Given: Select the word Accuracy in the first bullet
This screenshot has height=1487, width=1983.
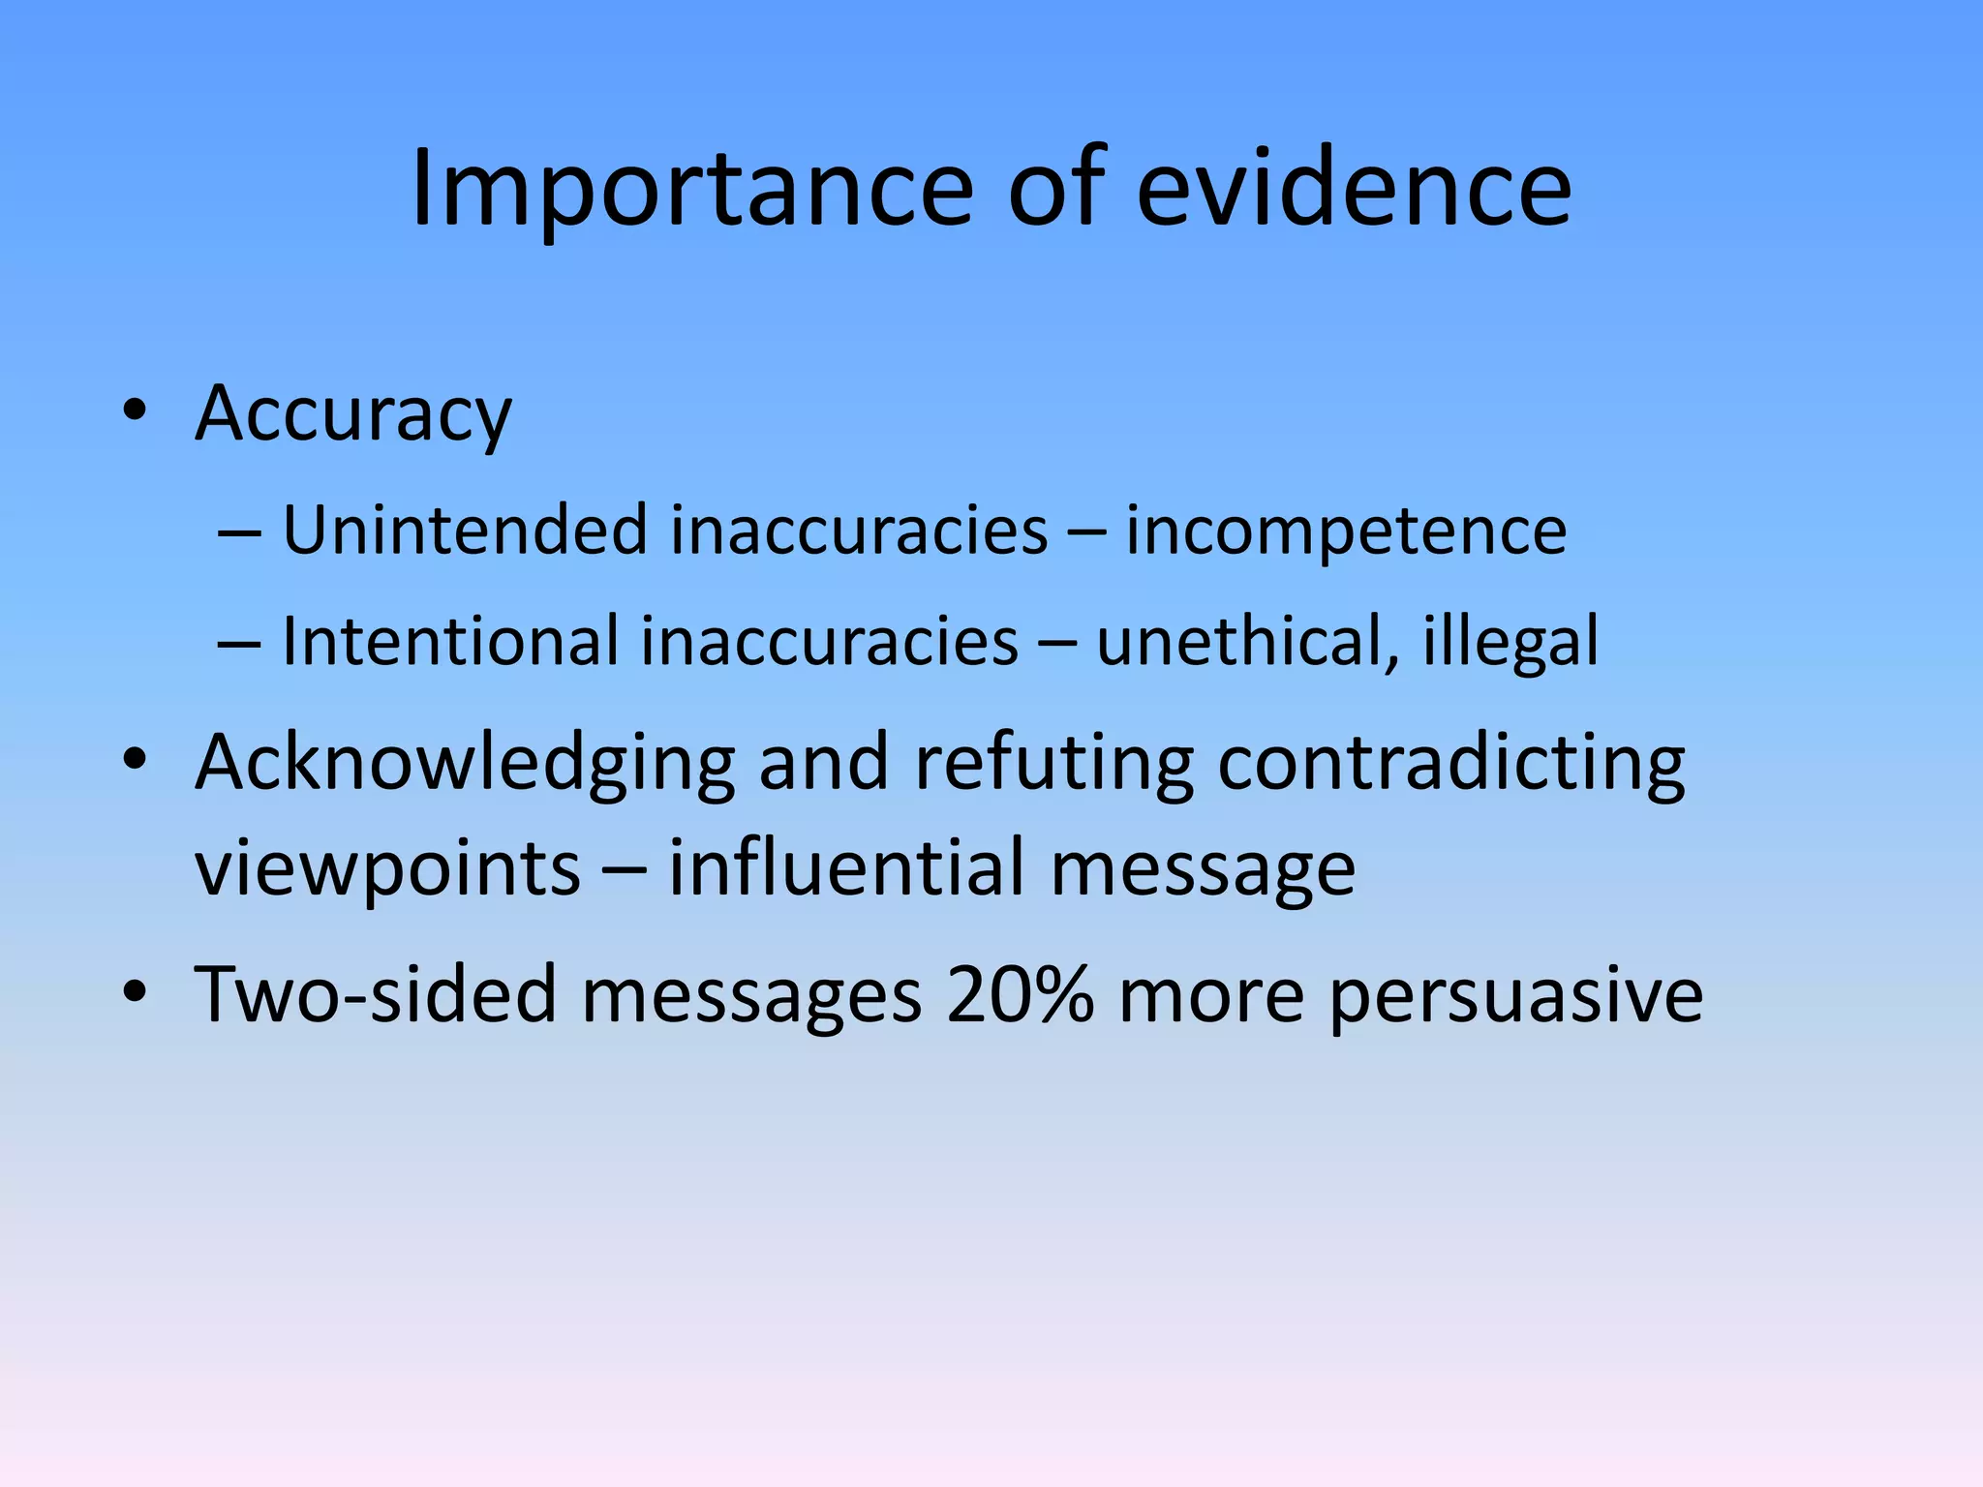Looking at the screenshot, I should point(353,414).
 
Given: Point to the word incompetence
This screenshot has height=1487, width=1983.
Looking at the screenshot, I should point(1346,532).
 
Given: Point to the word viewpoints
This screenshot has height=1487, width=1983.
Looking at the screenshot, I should point(387,869).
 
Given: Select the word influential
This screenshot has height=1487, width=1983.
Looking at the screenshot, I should point(846,867).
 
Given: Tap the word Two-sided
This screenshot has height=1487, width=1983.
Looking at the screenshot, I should point(376,994).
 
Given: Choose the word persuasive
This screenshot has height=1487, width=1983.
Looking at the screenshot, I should point(1515,996).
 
